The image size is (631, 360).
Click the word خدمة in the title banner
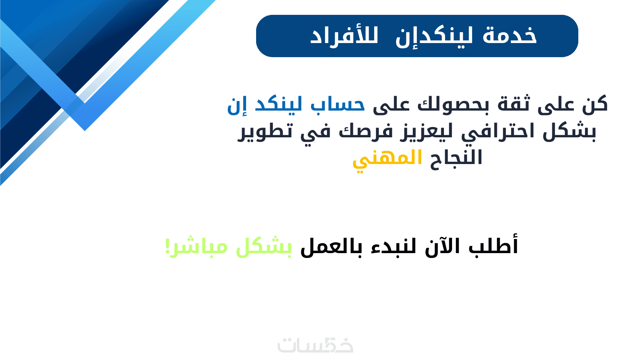(x=510, y=36)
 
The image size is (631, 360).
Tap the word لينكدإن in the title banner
(x=434, y=37)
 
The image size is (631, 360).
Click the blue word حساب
(x=338, y=105)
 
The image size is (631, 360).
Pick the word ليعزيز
(x=424, y=132)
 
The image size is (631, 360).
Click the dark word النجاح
(x=456, y=158)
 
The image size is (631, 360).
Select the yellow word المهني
(x=388, y=160)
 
